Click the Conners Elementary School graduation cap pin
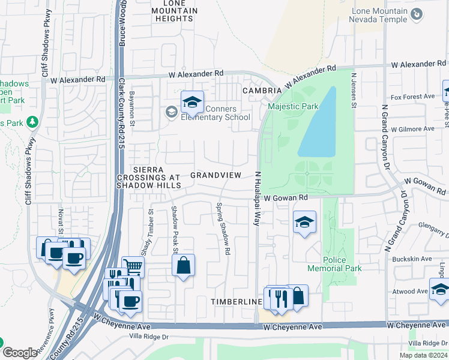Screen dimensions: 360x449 coord(192,103)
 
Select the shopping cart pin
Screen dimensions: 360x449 coord(133,266)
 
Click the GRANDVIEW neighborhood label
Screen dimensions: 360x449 coord(215,175)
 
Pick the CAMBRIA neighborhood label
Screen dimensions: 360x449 coord(262,91)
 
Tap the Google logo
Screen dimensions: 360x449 coord(20,353)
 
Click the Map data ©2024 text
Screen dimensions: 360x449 coord(423,355)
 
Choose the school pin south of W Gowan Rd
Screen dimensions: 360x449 coord(304,223)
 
